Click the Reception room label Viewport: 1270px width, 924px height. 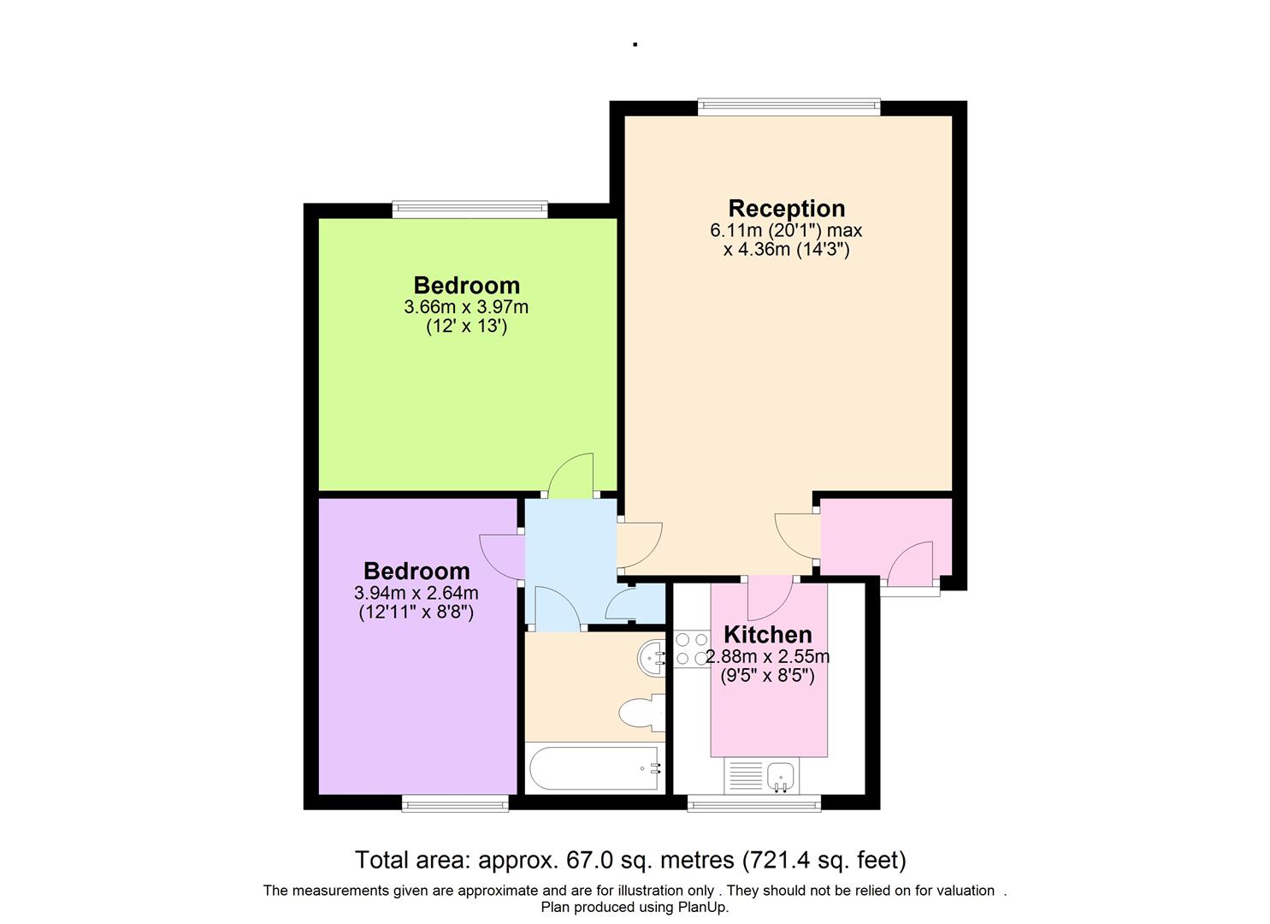(786, 208)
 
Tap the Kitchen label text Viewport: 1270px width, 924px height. (767, 635)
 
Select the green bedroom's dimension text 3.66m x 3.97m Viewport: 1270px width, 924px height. (466, 306)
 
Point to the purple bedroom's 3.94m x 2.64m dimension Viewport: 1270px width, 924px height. (416, 593)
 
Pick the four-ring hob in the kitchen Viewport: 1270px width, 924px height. (690, 649)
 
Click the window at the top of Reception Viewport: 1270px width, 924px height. (788, 107)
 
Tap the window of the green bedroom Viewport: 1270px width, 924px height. (470, 209)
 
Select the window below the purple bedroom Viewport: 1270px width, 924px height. (455, 803)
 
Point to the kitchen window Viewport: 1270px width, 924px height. (754, 803)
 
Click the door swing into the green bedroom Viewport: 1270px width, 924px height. (570, 477)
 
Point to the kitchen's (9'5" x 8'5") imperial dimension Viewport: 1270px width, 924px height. (767, 676)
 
